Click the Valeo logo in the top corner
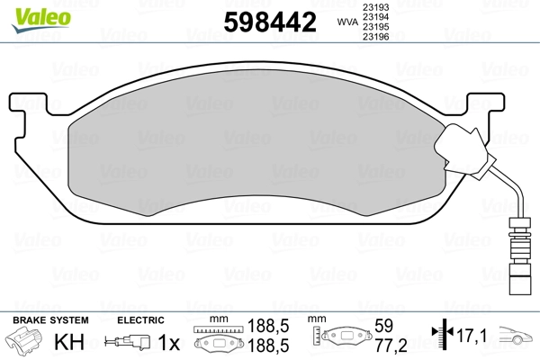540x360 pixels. click(41, 20)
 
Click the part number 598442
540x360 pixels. click(270, 22)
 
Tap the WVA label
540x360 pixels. click(347, 22)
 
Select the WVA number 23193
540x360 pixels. click(375, 7)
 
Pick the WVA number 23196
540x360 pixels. click(375, 37)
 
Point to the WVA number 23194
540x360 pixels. click(375, 17)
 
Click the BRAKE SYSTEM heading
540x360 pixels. click(50, 320)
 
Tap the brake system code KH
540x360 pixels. click(69, 342)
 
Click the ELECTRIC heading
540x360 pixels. click(140, 320)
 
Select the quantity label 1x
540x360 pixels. click(169, 342)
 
